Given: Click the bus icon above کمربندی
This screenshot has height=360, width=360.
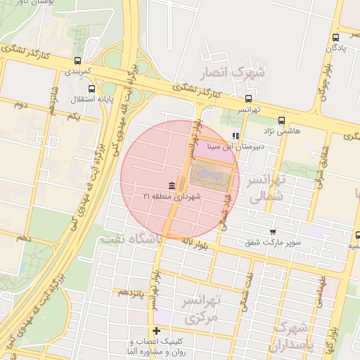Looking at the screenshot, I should [77, 60].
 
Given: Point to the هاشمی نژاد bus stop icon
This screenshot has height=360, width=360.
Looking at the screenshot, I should [281, 120].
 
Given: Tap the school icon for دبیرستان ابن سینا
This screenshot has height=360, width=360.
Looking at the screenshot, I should [236, 136].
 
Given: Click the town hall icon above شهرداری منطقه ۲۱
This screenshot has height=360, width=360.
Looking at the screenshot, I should [172, 184].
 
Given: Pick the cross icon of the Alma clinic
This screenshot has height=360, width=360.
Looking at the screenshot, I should [155, 330].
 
